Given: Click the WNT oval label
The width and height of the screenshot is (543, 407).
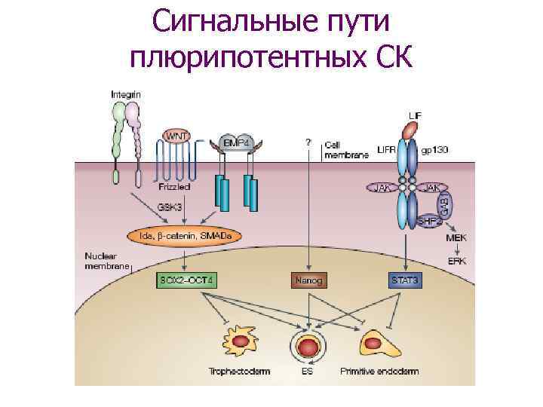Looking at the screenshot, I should coord(176,136).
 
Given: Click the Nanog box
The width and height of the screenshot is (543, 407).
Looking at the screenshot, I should coord(308,280).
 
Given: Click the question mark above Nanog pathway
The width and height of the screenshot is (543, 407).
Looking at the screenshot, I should coord(308,142).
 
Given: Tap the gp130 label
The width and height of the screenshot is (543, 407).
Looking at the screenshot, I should coord(435,150).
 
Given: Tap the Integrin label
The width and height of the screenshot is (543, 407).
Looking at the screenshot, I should coord(125,94).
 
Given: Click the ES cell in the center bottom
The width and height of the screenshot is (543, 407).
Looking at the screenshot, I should coord(308,347).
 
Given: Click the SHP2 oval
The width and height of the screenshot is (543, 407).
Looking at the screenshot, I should coord(428,222).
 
